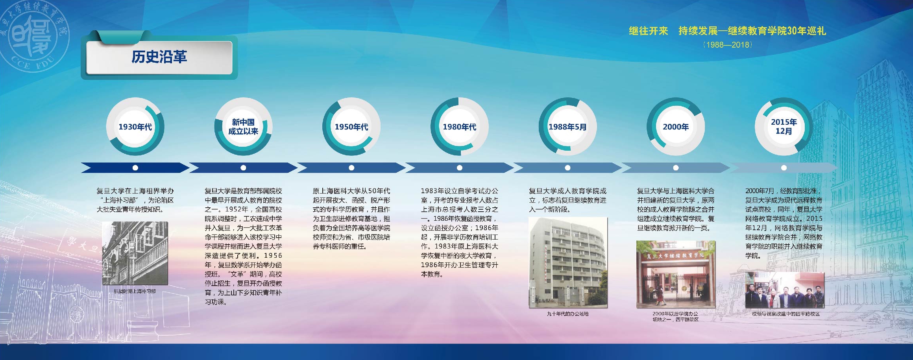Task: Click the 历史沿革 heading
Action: point(159,57)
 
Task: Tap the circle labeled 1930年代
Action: point(135,127)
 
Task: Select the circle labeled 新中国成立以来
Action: point(243,127)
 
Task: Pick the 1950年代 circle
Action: point(351,127)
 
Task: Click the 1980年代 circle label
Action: point(459,127)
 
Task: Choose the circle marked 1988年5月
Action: point(567,127)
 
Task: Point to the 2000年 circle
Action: point(676,127)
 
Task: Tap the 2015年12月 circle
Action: point(784,127)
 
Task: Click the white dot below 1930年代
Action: point(135,168)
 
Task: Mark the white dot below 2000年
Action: point(676,168)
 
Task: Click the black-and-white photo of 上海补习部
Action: point(135,253)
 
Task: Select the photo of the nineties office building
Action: point(568,262)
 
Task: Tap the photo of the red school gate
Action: point(676,274)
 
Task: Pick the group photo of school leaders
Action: point(784,290)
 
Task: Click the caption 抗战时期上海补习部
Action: point(135,292)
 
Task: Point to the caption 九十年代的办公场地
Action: point(567,314)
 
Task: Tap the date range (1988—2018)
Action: point(727,44)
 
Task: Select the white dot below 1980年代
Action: point(459,168)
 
